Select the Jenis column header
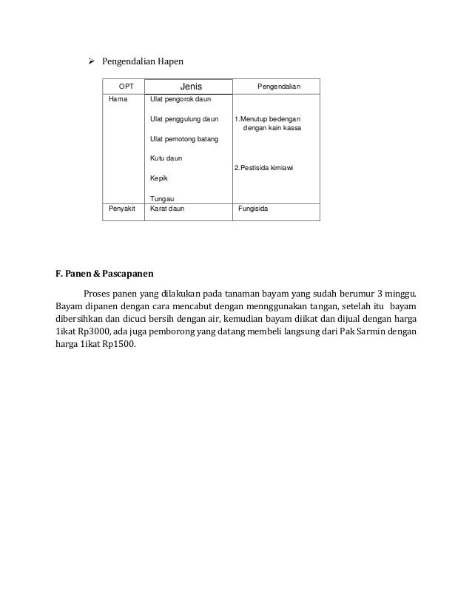191,87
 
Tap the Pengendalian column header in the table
279,87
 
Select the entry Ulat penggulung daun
184,118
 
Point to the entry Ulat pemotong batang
184,138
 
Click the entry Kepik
158,178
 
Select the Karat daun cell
167,209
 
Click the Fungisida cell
253,209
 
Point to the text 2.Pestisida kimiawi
264,169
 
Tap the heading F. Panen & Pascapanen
105,274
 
